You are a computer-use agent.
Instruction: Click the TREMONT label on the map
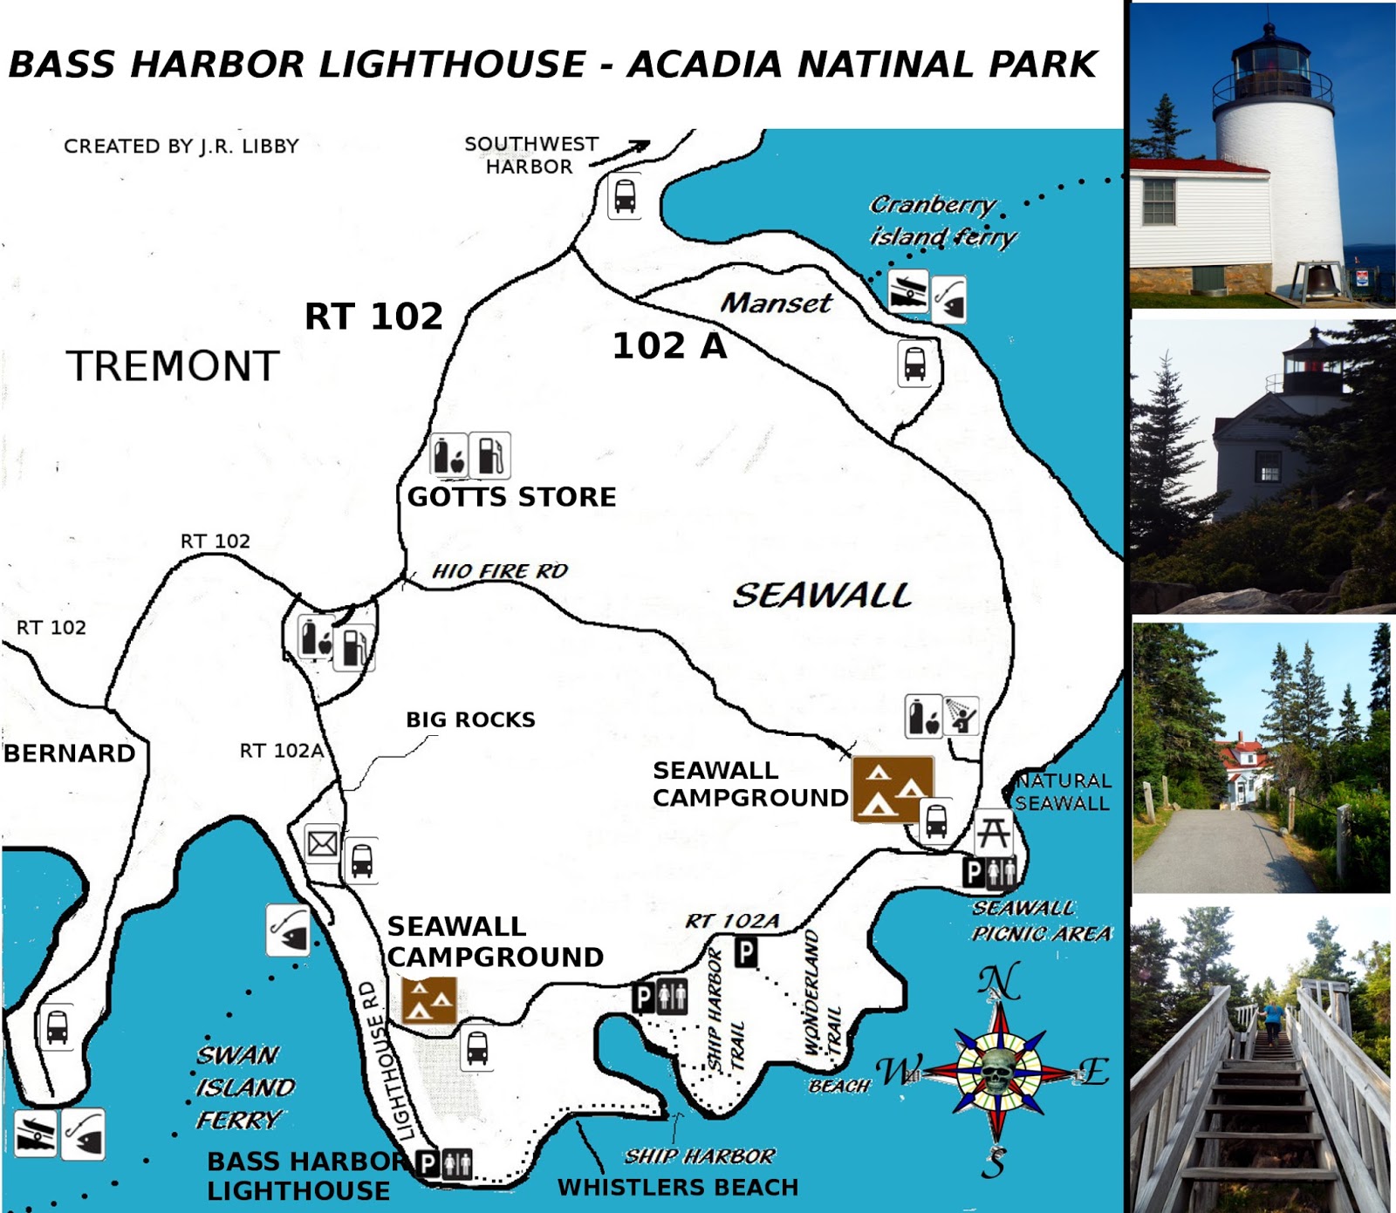[173, 366]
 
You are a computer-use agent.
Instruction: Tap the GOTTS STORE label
[511, 497]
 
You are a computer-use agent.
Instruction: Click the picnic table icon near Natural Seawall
[994, 833]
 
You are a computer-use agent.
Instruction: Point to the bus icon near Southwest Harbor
[625, 197]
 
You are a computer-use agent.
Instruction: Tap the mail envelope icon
[322, 843]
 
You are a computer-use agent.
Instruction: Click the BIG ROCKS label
[470, 719]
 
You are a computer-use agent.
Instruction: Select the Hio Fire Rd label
[500, 571]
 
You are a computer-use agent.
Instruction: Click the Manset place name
[776, 303]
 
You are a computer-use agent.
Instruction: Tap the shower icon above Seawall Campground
[961, 716]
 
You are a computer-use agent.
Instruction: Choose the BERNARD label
[70, 753]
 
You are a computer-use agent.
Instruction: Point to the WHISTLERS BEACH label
[678, 1188]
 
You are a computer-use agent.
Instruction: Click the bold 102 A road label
[669, 346]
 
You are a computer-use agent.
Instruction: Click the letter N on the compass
[998, 983]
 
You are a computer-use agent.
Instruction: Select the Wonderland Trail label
[821, 994]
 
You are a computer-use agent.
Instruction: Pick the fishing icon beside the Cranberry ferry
[949, 299]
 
